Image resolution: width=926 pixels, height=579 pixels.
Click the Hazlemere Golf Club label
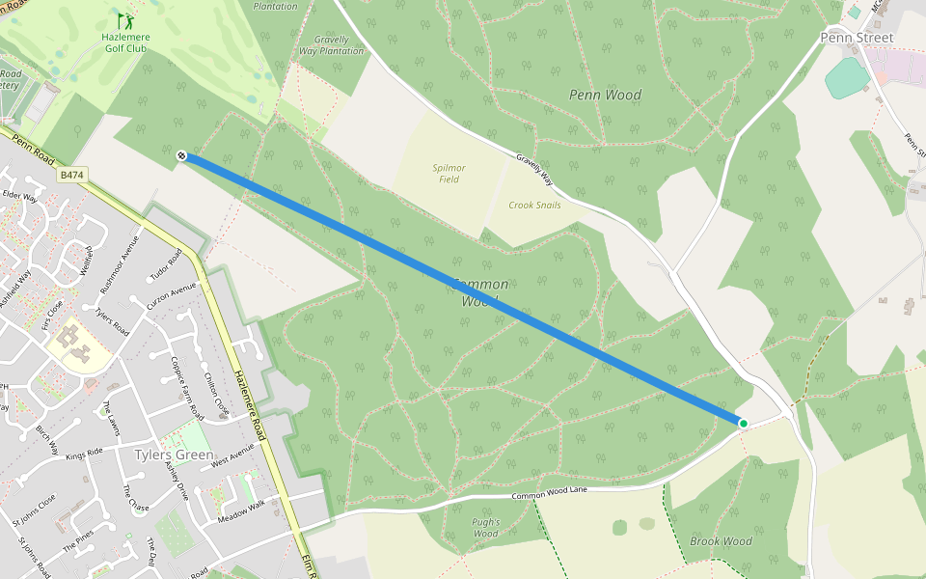pyautogui.click(x=126, y=43)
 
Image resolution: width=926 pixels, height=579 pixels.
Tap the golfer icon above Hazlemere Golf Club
pyautogui.click(x=126, y=20)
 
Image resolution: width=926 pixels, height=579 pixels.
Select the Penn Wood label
pyautogui.click(x=605, y=95)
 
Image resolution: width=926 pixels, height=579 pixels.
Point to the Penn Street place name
pyautogui.click(x=857, y=38)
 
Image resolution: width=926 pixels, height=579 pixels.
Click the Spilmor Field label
pyautogui.click(x=449, y=174)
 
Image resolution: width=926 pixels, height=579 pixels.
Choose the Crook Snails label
pyautogui.click(x=535, y=206)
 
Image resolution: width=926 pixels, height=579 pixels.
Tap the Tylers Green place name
pyautogui.click(x=174, y=455)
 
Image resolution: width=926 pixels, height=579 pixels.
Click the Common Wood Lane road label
pyautogui.click(x=549, y=493)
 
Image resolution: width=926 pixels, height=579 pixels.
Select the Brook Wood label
pyautogui.click(x=721, y=541)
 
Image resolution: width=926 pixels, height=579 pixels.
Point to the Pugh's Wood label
pyautogui.click(x=485, y=528)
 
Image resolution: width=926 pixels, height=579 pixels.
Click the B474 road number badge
pyautogui.click(x=71, y=175)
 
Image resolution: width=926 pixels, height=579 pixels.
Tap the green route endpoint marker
pyautogui.click(x=743, y=423)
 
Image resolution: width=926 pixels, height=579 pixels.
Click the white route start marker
pyautogui.click(x=182, y=154)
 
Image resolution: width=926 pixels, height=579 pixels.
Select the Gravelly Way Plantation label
pyautogui.click(x=331, y=45)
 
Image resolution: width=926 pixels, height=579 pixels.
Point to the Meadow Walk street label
pyautogui.click(x=240, y=509)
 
